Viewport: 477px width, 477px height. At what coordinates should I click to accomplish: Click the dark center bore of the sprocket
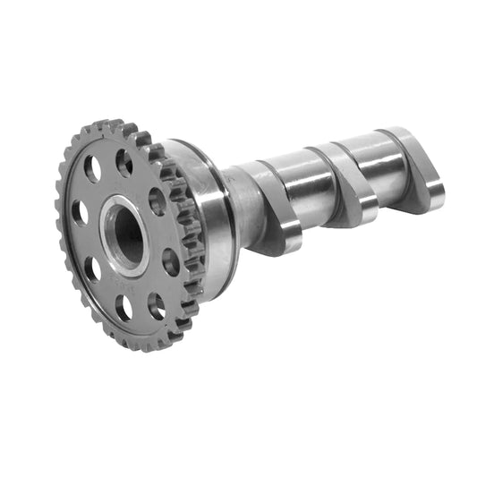[x=128, y=234]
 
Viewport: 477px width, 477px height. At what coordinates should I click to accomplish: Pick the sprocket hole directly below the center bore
[x=124, y=307]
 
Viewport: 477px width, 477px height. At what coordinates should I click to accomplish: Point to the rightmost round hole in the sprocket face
[x=170, y=261]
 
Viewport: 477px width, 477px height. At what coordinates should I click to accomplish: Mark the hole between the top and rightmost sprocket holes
[x=158, y=201]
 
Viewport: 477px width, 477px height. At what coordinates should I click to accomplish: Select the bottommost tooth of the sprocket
[x=134, y=346]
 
